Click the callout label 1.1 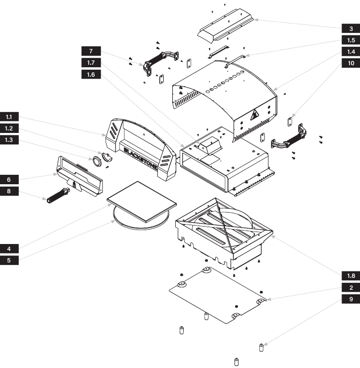(9, 117)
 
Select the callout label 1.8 (351, 275)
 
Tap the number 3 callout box (351, 28)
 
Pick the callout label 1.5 (351, 40)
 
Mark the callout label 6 (9, 179)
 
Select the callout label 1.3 (9, 140)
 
